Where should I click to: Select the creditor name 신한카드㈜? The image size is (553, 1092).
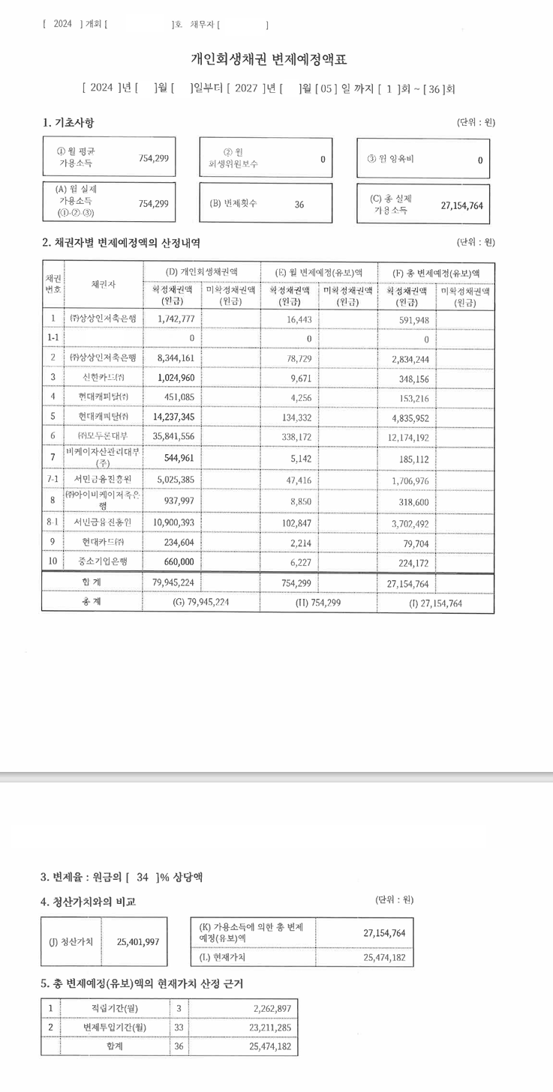(104, 376)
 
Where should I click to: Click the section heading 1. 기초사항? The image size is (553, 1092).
(68, 122)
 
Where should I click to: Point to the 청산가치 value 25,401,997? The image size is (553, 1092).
(138, 941)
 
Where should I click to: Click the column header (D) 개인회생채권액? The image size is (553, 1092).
(201, 271)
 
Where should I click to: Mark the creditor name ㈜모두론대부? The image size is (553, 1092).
(104, 435)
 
